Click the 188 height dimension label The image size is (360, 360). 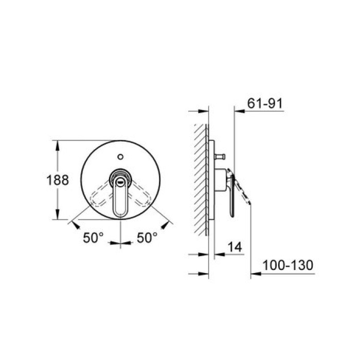click(x=58, y=180)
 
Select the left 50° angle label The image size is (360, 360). click(x=93, y=238)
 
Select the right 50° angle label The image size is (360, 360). click(x=147, y=238)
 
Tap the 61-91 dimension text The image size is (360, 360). click(x=265, y=103)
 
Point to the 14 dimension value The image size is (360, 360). click(x=235, y=247)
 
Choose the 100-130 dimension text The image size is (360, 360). click(x=288, y=265)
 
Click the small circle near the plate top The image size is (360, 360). click(x=120, y=157)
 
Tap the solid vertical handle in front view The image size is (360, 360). click(x=120, y=196)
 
